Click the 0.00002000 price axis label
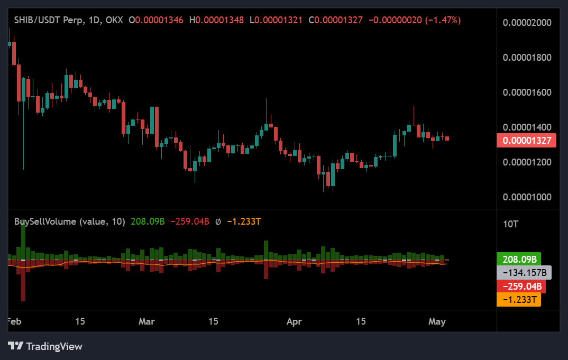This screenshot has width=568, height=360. [x=527, y=22]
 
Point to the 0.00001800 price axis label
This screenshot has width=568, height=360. [x=527, y=57]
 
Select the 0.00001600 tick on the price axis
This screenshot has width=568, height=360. [x=527, y=92]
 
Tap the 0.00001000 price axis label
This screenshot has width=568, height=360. [x=527, y=197]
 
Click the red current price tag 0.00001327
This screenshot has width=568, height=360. [x=526, y=141]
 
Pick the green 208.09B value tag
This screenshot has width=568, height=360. [x=519, y=260]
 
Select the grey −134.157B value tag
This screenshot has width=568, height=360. [x=524, y=273]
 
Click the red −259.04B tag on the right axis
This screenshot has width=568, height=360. [x=521, y=287]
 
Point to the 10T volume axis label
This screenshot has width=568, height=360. [x=510, y=224]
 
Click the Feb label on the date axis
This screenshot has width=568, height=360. [x=14, y=321]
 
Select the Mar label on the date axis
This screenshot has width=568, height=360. [x=146, y=321]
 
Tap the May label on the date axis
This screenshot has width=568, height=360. [x=437, y=321]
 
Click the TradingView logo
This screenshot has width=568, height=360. [x=45, y=347]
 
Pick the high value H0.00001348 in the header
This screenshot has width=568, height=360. [x=219, y=20]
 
